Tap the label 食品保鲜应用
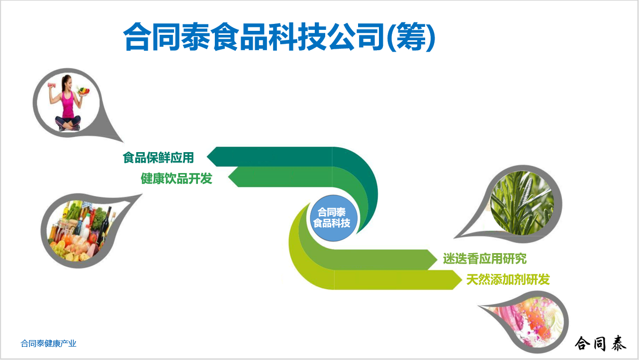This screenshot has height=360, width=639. point(158,158)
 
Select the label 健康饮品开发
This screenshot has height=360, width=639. point(177,179)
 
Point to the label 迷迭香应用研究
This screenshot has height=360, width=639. point(485,259)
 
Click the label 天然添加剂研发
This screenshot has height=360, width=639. point(508,279)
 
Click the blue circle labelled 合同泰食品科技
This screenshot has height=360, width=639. point(333,218)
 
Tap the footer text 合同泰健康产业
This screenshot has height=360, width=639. point(49,344)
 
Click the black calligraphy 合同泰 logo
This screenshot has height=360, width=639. point(600,343)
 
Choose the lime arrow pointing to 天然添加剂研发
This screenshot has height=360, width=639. point(371,280)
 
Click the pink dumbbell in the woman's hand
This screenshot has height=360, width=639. point(52,86)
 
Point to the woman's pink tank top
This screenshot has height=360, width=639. point(68,104)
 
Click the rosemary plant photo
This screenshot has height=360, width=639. point(522,203)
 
